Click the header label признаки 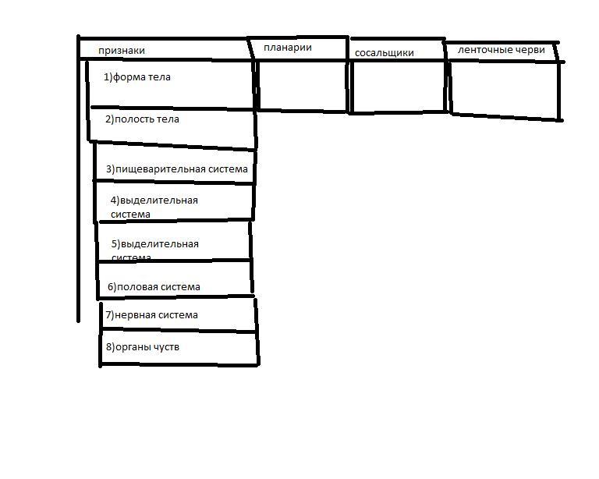(121, 51)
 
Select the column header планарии (288, 48)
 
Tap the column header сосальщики (384, 53)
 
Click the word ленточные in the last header (484, 50)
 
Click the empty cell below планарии (301, 85)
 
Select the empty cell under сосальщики (399, 87)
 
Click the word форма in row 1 (131, 77)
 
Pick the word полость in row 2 (134, 119)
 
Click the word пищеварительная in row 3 (159, 169)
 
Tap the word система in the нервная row (177, 315)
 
